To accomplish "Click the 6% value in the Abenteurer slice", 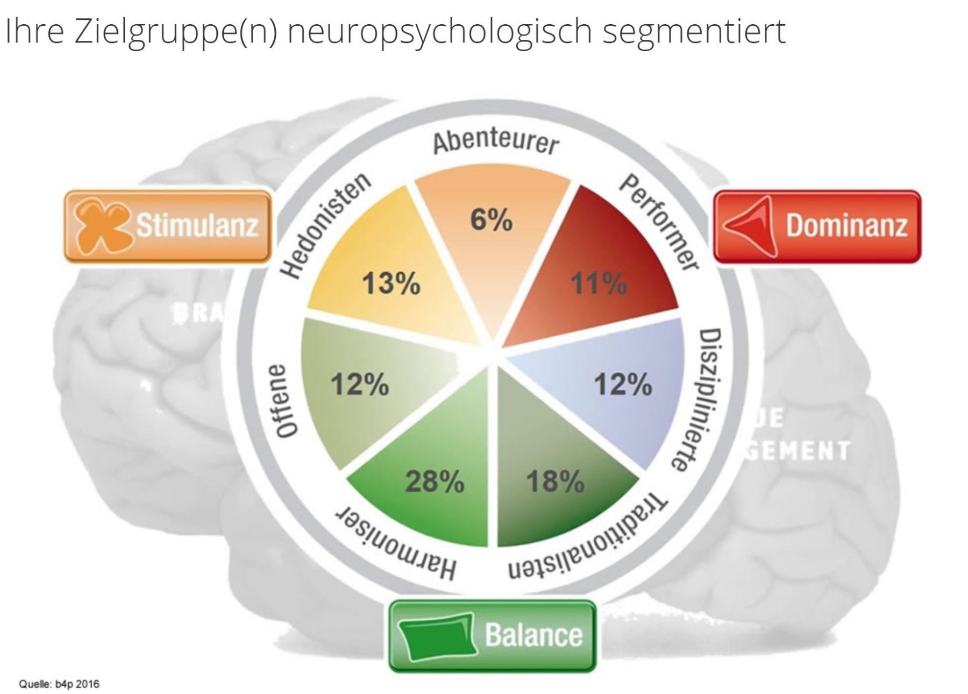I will click(491, 219).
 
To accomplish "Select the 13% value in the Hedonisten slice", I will click(391, 284).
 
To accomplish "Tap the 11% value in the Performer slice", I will click(599, 283).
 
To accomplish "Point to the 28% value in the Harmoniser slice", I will click(435, 481).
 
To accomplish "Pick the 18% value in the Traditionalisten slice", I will click(555, 481).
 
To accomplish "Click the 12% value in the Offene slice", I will click(359, 384).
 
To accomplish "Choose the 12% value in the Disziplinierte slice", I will click(623, 384).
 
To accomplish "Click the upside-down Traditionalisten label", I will click(589, 538).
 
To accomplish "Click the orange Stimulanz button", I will click(168, 226).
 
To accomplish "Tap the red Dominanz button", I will click(816, 226).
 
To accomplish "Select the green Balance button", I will click(492, 636).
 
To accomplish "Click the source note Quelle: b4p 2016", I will click(59, 684).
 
